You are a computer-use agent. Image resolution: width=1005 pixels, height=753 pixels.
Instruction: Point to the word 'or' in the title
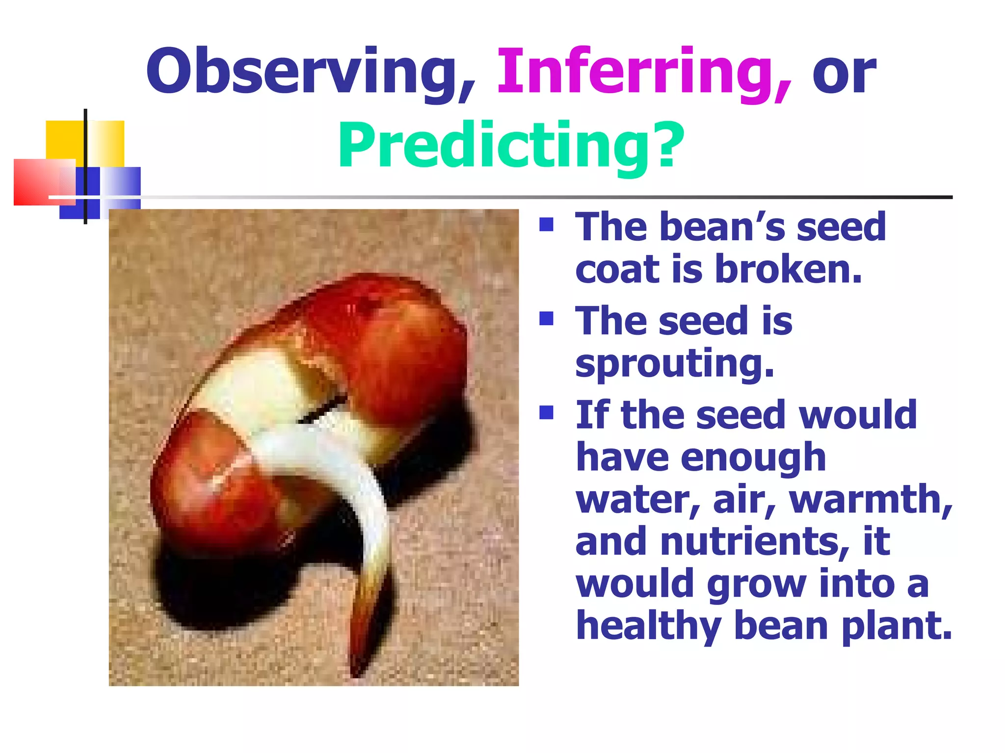[844, 74]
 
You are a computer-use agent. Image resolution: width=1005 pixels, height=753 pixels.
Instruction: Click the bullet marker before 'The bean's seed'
[546, 225]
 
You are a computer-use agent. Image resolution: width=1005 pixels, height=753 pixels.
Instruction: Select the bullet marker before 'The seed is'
[546, 319]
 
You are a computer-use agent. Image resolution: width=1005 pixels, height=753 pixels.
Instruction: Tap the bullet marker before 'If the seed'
[546, 413]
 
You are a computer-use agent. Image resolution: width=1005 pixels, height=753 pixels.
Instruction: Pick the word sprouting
[674, 364]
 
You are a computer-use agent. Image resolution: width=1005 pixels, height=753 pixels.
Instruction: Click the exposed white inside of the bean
[255, 387]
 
